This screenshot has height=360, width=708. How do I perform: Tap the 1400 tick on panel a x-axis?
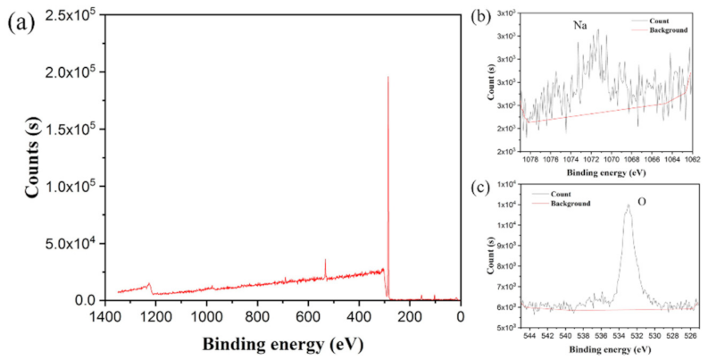105,314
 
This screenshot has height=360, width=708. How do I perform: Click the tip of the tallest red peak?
387,77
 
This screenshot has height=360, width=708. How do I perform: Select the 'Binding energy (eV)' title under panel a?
280,343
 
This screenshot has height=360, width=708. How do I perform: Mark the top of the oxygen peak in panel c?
628,205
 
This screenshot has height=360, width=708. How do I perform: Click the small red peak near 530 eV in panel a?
325,260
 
